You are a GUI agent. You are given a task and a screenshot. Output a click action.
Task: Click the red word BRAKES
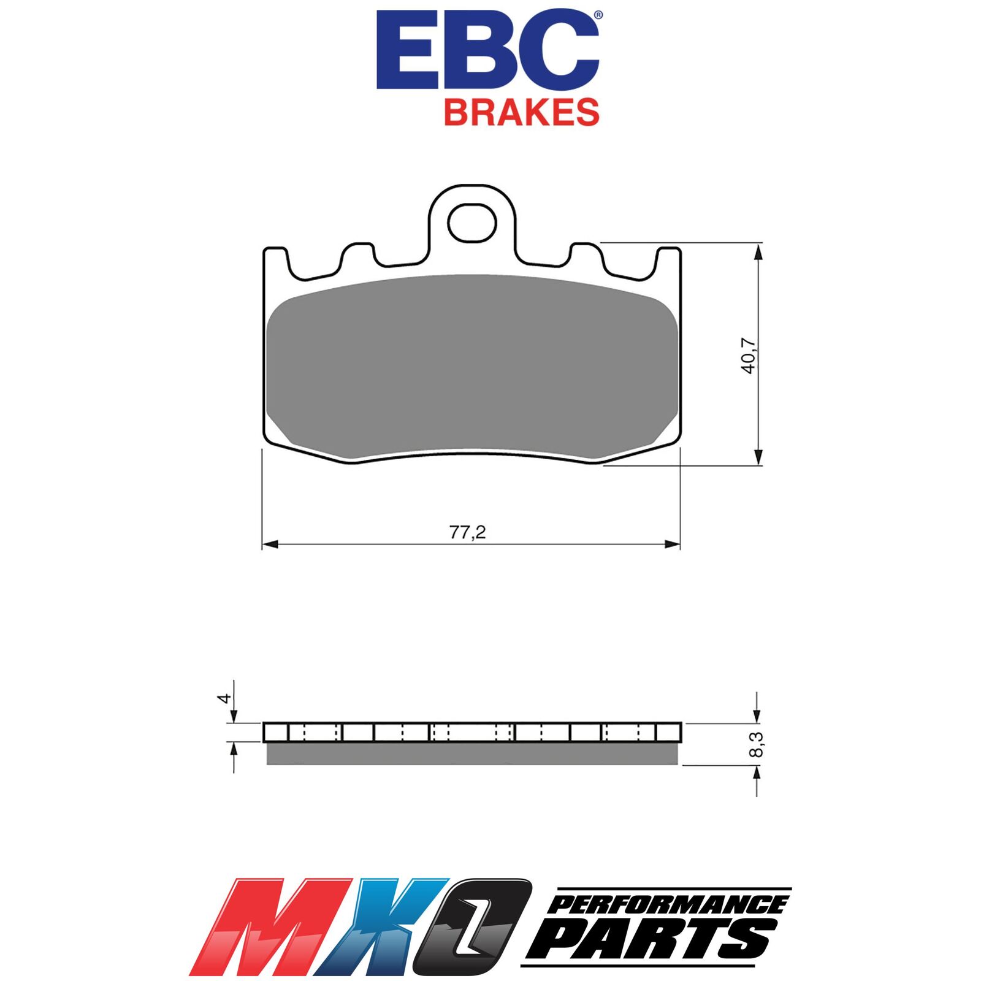(522, 112)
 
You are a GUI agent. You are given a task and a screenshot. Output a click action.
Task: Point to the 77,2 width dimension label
(467, 532)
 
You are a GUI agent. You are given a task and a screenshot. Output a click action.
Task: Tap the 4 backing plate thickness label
(225, 698)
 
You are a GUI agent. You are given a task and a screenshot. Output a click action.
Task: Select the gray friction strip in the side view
(472, 754)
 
